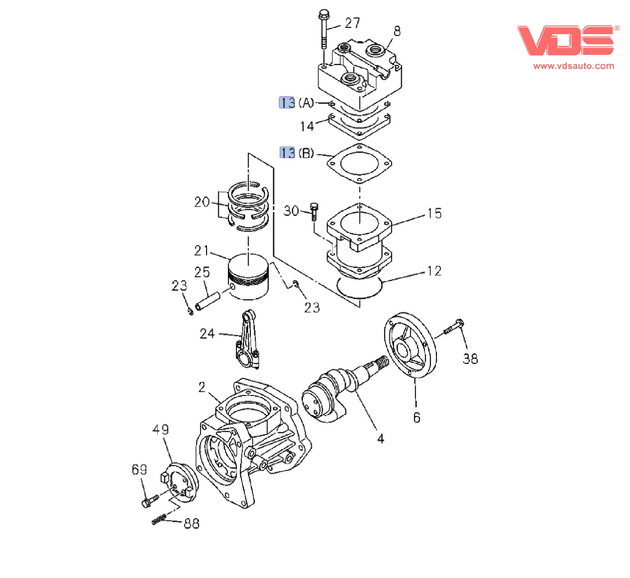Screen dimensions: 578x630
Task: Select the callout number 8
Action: tap(397, 31)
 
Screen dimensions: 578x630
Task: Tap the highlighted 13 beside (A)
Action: tap(287, 103)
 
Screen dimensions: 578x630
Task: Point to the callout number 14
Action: tap(307, 126)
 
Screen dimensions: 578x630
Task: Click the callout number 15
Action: tap(434, 213)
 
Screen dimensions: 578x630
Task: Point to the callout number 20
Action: tap(202, 202)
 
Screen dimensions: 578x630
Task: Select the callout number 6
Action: tap(416, 417)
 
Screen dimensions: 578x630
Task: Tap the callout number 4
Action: tap(381, 439)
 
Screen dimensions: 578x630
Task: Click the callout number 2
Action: tap(202, 387)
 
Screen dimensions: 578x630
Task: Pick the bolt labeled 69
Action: tap(149, 501)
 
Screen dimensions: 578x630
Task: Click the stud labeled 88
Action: tap(159, 520)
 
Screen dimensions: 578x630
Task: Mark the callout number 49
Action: tap(161, 430)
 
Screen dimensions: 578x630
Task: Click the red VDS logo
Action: tap(566, 41)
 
